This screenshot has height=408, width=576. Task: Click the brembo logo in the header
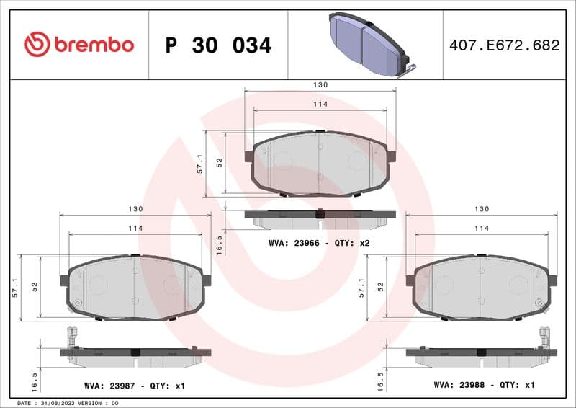(x=78, y=45)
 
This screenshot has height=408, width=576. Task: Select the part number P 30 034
(x=218, y=45)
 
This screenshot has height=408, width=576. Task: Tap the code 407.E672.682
(x=503, y=45)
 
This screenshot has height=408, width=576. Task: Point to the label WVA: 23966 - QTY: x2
(x=318, y=243)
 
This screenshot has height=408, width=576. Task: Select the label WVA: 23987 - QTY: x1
(x=133, y=386)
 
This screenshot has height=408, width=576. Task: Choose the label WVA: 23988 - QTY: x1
(x=484, y=385)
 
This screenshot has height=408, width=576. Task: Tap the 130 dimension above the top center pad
(x=320, y=84)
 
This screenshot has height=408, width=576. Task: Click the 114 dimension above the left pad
(x=135, y=228)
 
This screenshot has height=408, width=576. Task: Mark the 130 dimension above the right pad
(x=482, y=208)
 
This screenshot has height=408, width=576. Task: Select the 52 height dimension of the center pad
(x=220, y=164)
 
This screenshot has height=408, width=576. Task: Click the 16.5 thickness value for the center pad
(x=220, y=244)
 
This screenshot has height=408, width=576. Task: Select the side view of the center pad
(x=320, y=214)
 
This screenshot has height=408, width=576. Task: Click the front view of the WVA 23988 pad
(x=481, y=287)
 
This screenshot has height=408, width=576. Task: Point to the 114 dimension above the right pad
(x=482, y=228)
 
